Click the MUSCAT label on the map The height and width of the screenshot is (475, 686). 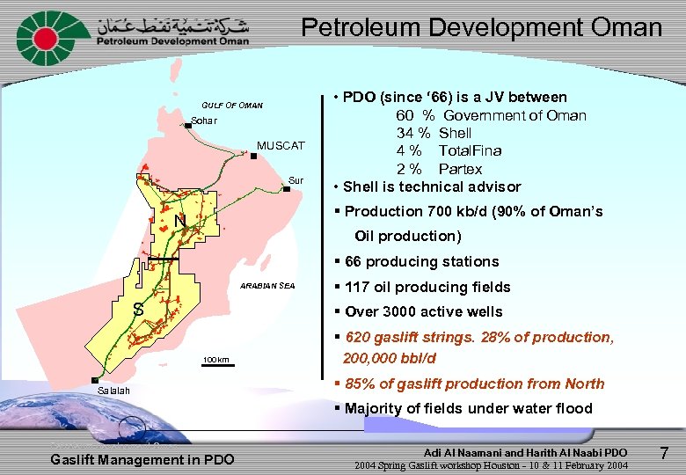[x=281, y=145]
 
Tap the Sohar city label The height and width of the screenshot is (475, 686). [x=204, y=120]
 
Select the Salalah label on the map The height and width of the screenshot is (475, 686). [x=113, y=390]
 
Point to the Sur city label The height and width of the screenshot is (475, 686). [x=296, y=181]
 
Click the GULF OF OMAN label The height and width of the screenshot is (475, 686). [x=232, y=106]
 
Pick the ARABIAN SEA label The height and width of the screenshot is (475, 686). [x=268, y=286]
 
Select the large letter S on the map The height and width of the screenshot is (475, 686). [x=137, y=309]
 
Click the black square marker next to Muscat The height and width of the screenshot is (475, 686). [x=252, y=156]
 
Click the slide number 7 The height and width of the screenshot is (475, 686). [x=665, y=454]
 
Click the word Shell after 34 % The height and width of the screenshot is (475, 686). [x=455, y=133]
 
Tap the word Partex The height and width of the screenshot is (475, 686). [x=460, y=169]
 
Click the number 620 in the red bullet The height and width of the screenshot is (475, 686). [x=358, y=337]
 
